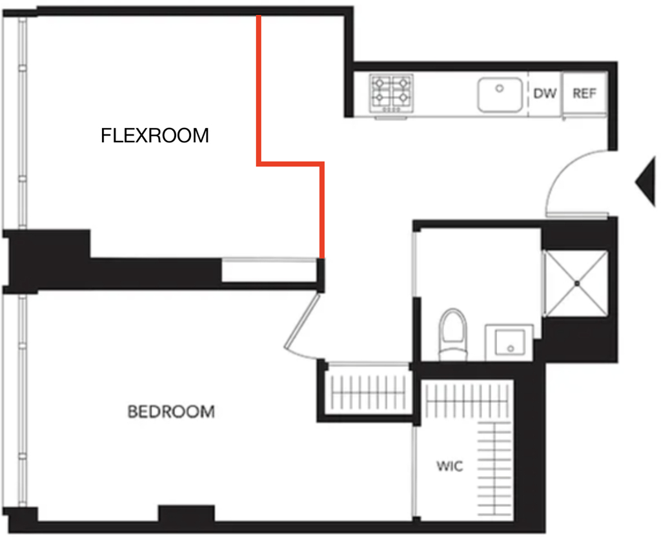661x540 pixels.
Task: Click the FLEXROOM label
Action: tap(155, 136)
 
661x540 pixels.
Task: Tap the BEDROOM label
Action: tap(171, 411)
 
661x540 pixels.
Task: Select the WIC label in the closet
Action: tap(449, 466)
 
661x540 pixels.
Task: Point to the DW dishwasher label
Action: tap(545, 93)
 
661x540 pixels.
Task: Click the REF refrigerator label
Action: tap(584, 93)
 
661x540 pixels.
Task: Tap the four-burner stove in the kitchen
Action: tap(391, 93)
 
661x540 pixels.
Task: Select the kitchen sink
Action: tap(500, 94)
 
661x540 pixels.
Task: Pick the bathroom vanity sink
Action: tap(509, 342)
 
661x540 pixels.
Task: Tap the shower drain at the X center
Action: tap(577, 284)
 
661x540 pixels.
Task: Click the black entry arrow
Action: tap(646, 182)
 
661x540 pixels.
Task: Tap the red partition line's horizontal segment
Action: tap(290, 163)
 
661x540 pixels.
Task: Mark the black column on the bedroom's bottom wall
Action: tap(187, 514)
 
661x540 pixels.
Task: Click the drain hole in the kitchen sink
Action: tap(500, 88)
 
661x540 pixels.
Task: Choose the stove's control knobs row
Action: tap(391, 110)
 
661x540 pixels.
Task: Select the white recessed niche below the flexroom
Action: tap(269, 271)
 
